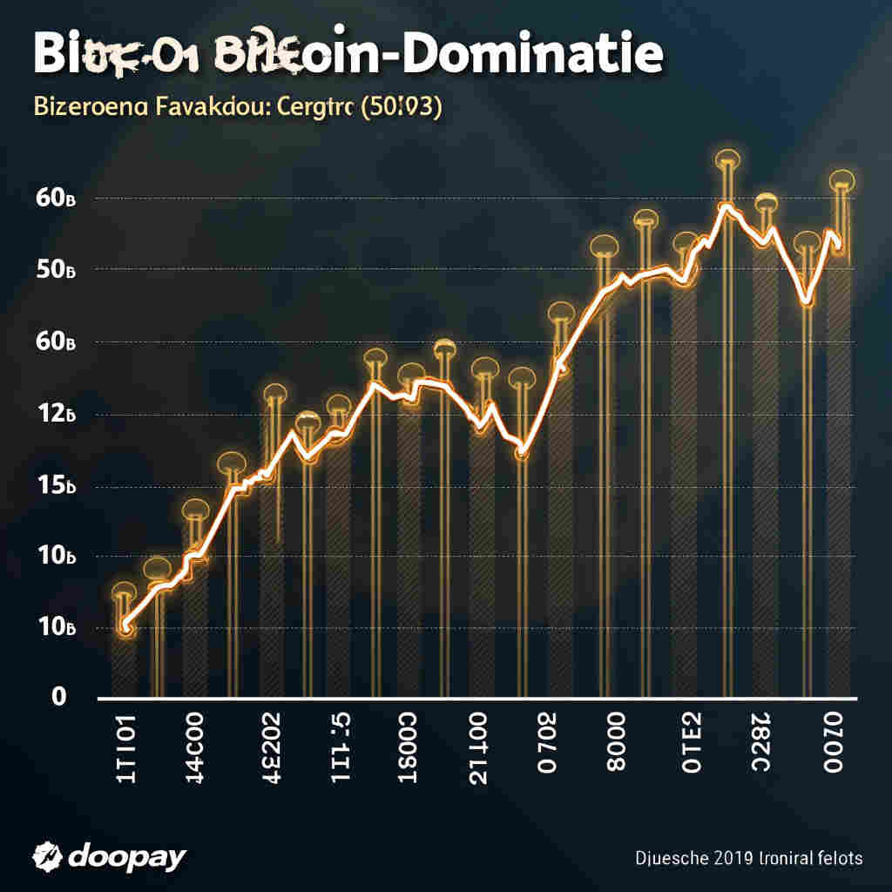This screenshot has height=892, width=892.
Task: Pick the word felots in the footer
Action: click(834, 859)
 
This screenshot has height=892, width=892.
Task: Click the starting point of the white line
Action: click(125, 625)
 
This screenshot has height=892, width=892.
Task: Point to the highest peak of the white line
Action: click(725, 206)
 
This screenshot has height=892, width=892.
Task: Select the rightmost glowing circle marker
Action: click(842, 180)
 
